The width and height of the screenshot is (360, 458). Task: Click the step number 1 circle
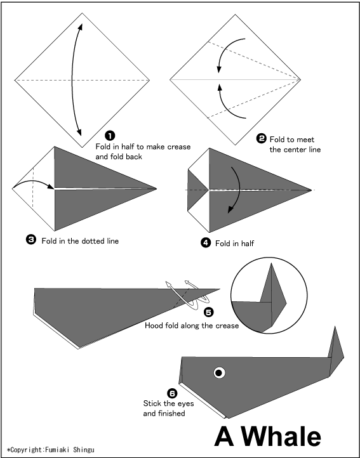pyautogui.click(x=110, y=136)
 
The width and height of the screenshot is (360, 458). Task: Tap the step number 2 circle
pyautogui.click(x=262, y=139)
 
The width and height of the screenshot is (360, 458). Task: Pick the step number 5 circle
pyautogui.click(x=209, y=312)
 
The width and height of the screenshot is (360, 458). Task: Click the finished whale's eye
pyautogui.click(x=219, y=372)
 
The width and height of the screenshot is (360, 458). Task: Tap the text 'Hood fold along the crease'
pyautogui.click(x=191, y=325)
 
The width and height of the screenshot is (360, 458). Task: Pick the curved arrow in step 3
pyautogui.click(x=32, y=184)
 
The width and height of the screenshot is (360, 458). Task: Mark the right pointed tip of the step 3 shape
pyautogui.click(x=156, y=188)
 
